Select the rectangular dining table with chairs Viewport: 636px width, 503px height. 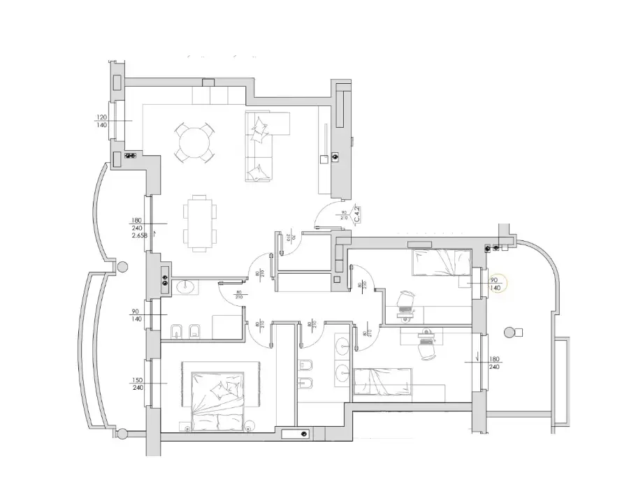tap(199, 222)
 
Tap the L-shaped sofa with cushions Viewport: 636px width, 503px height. tap(262, 147)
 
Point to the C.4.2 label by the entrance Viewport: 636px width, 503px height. tap(356, 213)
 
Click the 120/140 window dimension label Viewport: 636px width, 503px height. tap(101, 121)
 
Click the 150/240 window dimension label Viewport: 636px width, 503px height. tap(138, 384)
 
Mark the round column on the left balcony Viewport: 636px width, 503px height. tap(122, 266)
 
